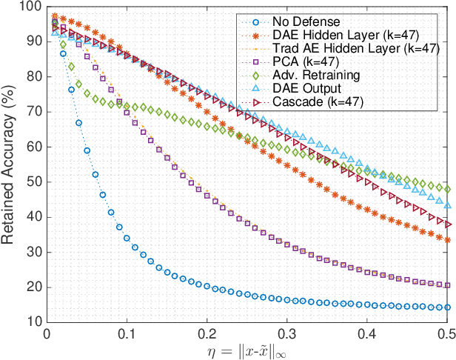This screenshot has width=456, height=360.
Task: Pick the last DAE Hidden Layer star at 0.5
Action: (x=447, y=239)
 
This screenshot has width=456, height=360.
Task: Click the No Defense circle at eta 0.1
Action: (x=127, y=239)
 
